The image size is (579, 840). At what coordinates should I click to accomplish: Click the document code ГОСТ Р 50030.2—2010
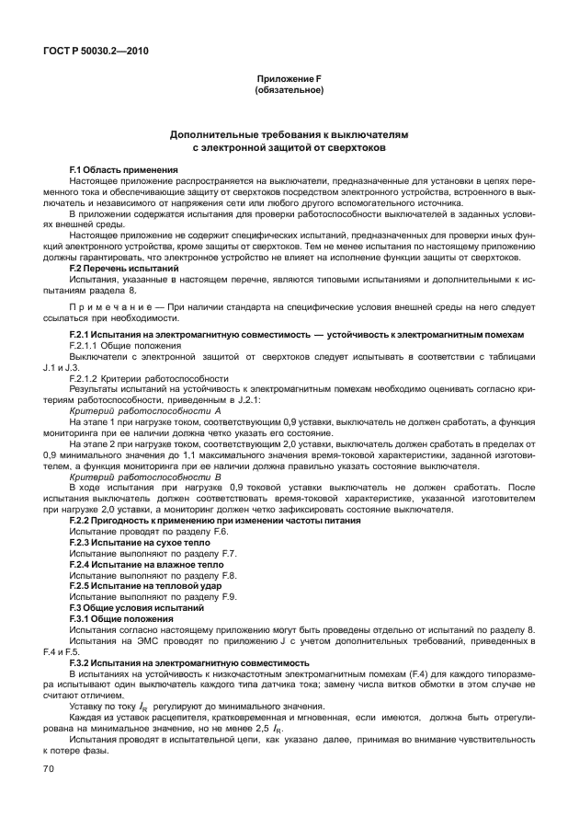pyautogui.click(x=92, y=52)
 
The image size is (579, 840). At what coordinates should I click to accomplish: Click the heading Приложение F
pyautogui.click(x=289, y=80)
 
